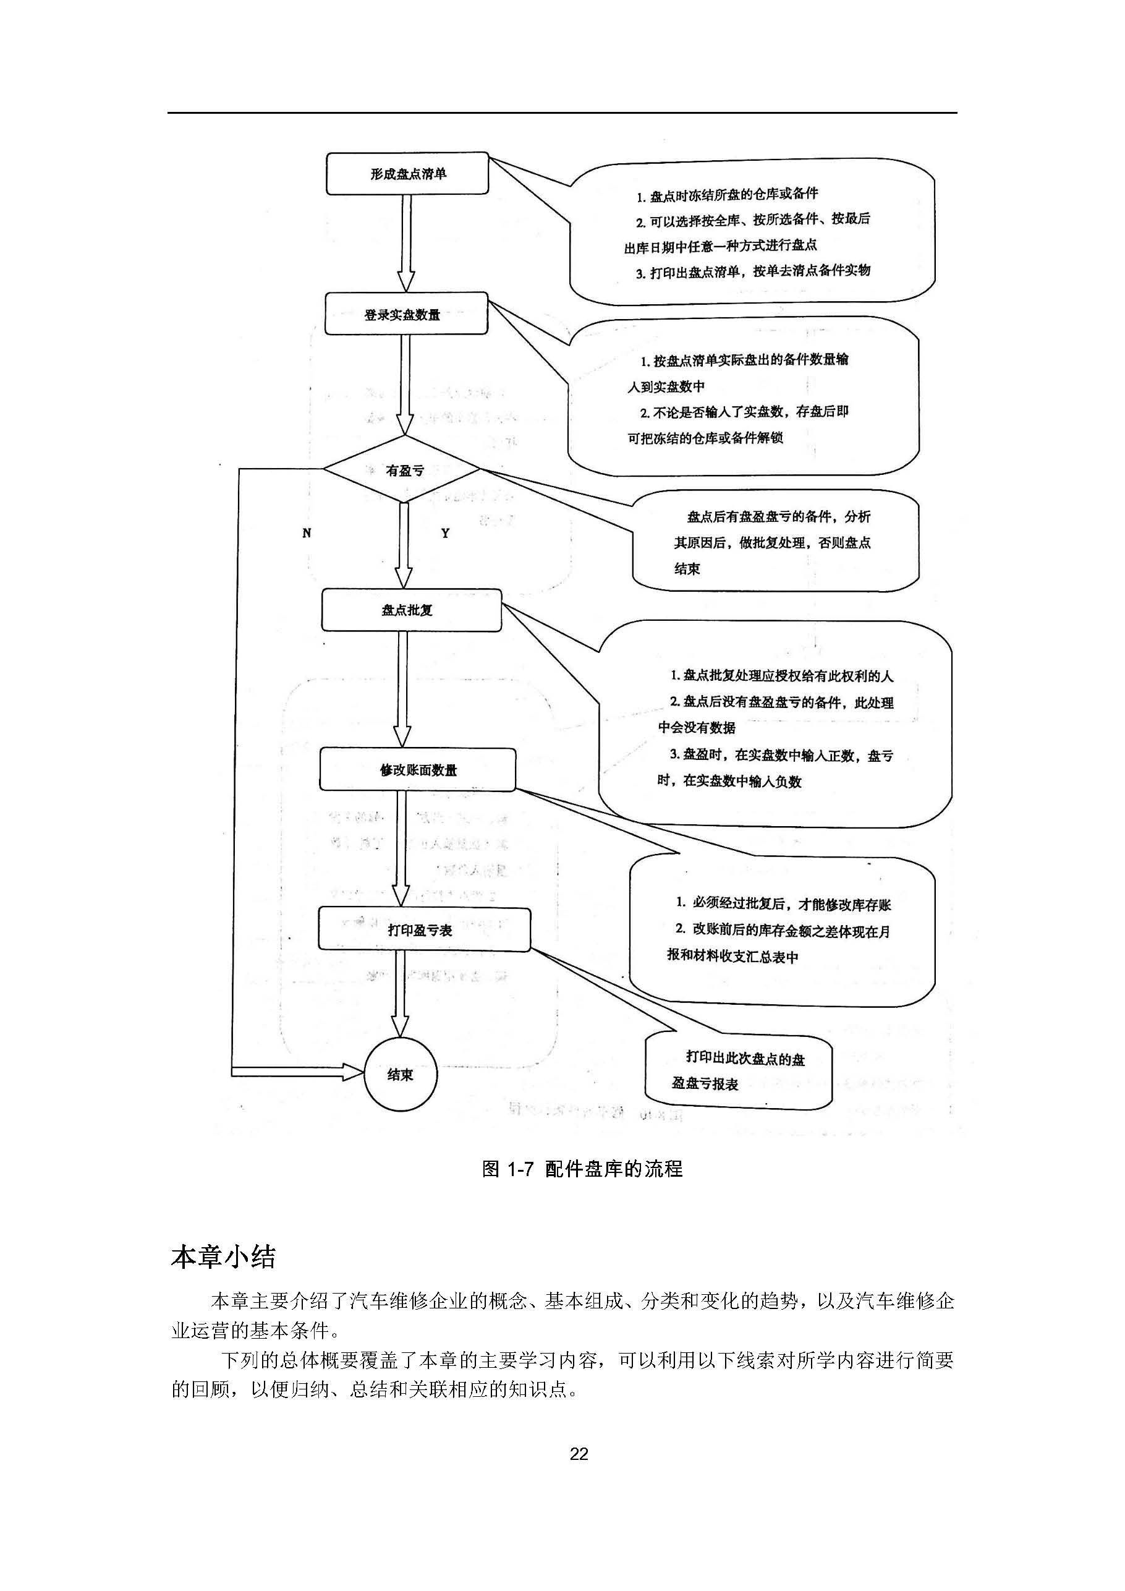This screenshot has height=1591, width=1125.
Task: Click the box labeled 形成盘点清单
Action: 407,174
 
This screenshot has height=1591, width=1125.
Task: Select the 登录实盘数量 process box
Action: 406,315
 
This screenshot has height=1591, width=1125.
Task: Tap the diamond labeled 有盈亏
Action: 403,471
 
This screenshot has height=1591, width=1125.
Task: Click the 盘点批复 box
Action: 411,610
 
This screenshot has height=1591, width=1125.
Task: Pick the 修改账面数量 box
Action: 417,770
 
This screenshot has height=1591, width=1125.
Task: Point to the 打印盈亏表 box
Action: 424,930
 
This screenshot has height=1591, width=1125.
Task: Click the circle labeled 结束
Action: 401,1075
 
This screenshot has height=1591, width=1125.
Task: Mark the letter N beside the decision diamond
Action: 307,533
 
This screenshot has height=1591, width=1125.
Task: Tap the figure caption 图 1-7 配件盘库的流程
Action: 582,1169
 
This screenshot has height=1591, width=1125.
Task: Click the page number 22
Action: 579,1454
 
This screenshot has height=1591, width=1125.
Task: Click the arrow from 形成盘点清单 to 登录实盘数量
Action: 407,242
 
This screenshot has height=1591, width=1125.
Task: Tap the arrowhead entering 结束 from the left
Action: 354,1073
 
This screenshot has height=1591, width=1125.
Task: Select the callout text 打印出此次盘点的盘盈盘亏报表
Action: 738,1070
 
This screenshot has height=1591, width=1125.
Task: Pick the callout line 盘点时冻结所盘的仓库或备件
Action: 727,195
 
